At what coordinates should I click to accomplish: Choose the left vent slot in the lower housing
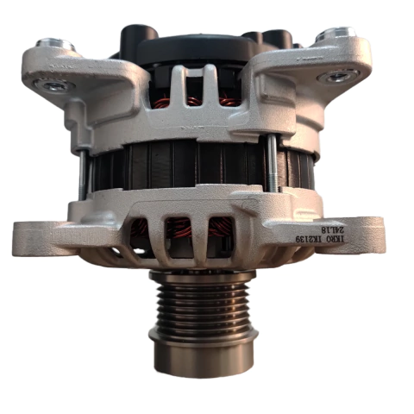point(141,232)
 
